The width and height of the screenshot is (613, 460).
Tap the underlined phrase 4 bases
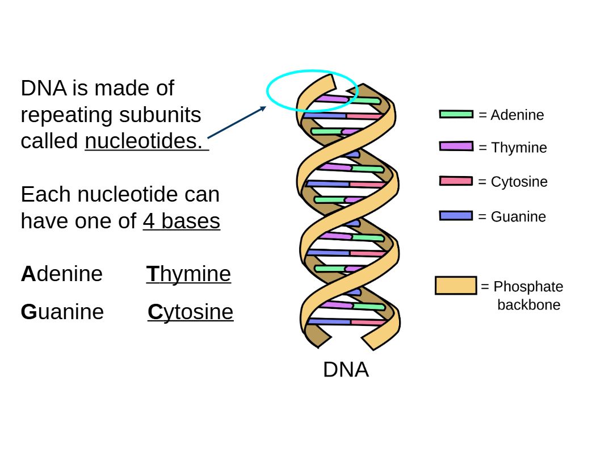click(181, 221)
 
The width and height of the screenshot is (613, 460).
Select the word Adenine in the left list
click(62, 274)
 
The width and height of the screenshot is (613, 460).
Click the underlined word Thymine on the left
click(188, 274)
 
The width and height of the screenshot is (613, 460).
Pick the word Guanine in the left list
click(62, 312)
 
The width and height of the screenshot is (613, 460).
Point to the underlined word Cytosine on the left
click(190, 312)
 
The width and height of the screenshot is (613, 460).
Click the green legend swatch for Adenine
click(456, 114)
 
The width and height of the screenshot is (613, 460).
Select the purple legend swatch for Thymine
click(456, 146)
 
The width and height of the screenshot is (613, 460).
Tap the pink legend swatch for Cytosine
click(456, 181)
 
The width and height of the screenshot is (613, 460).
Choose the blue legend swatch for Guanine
click(456, 216)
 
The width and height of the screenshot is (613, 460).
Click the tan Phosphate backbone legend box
click(456, 285)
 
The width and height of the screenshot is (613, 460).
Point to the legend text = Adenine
click(511, 115)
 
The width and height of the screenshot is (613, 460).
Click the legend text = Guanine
click(512, 216)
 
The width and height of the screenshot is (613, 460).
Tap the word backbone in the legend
click(528, 305)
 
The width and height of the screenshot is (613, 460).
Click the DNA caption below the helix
click(346, 370)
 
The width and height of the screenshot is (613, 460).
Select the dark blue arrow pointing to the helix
click(236, 122)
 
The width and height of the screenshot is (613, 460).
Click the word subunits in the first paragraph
click(160, 115)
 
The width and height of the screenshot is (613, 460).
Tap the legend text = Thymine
click(513, 148)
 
